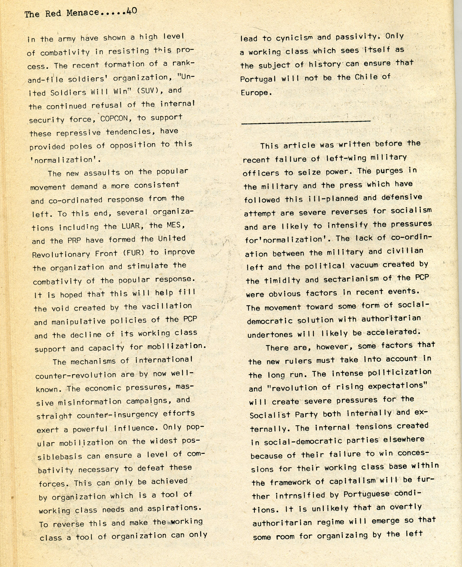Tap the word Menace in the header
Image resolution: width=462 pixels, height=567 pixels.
(82, 13)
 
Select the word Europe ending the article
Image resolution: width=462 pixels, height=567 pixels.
(256, 93)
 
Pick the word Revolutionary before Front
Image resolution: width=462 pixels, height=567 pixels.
(61, 255)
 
